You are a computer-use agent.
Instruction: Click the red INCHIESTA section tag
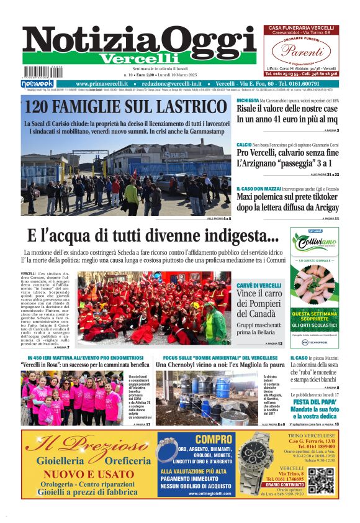[247, 100]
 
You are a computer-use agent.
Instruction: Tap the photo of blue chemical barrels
[204, 398]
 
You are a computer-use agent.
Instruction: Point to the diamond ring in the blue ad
[166, 448]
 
